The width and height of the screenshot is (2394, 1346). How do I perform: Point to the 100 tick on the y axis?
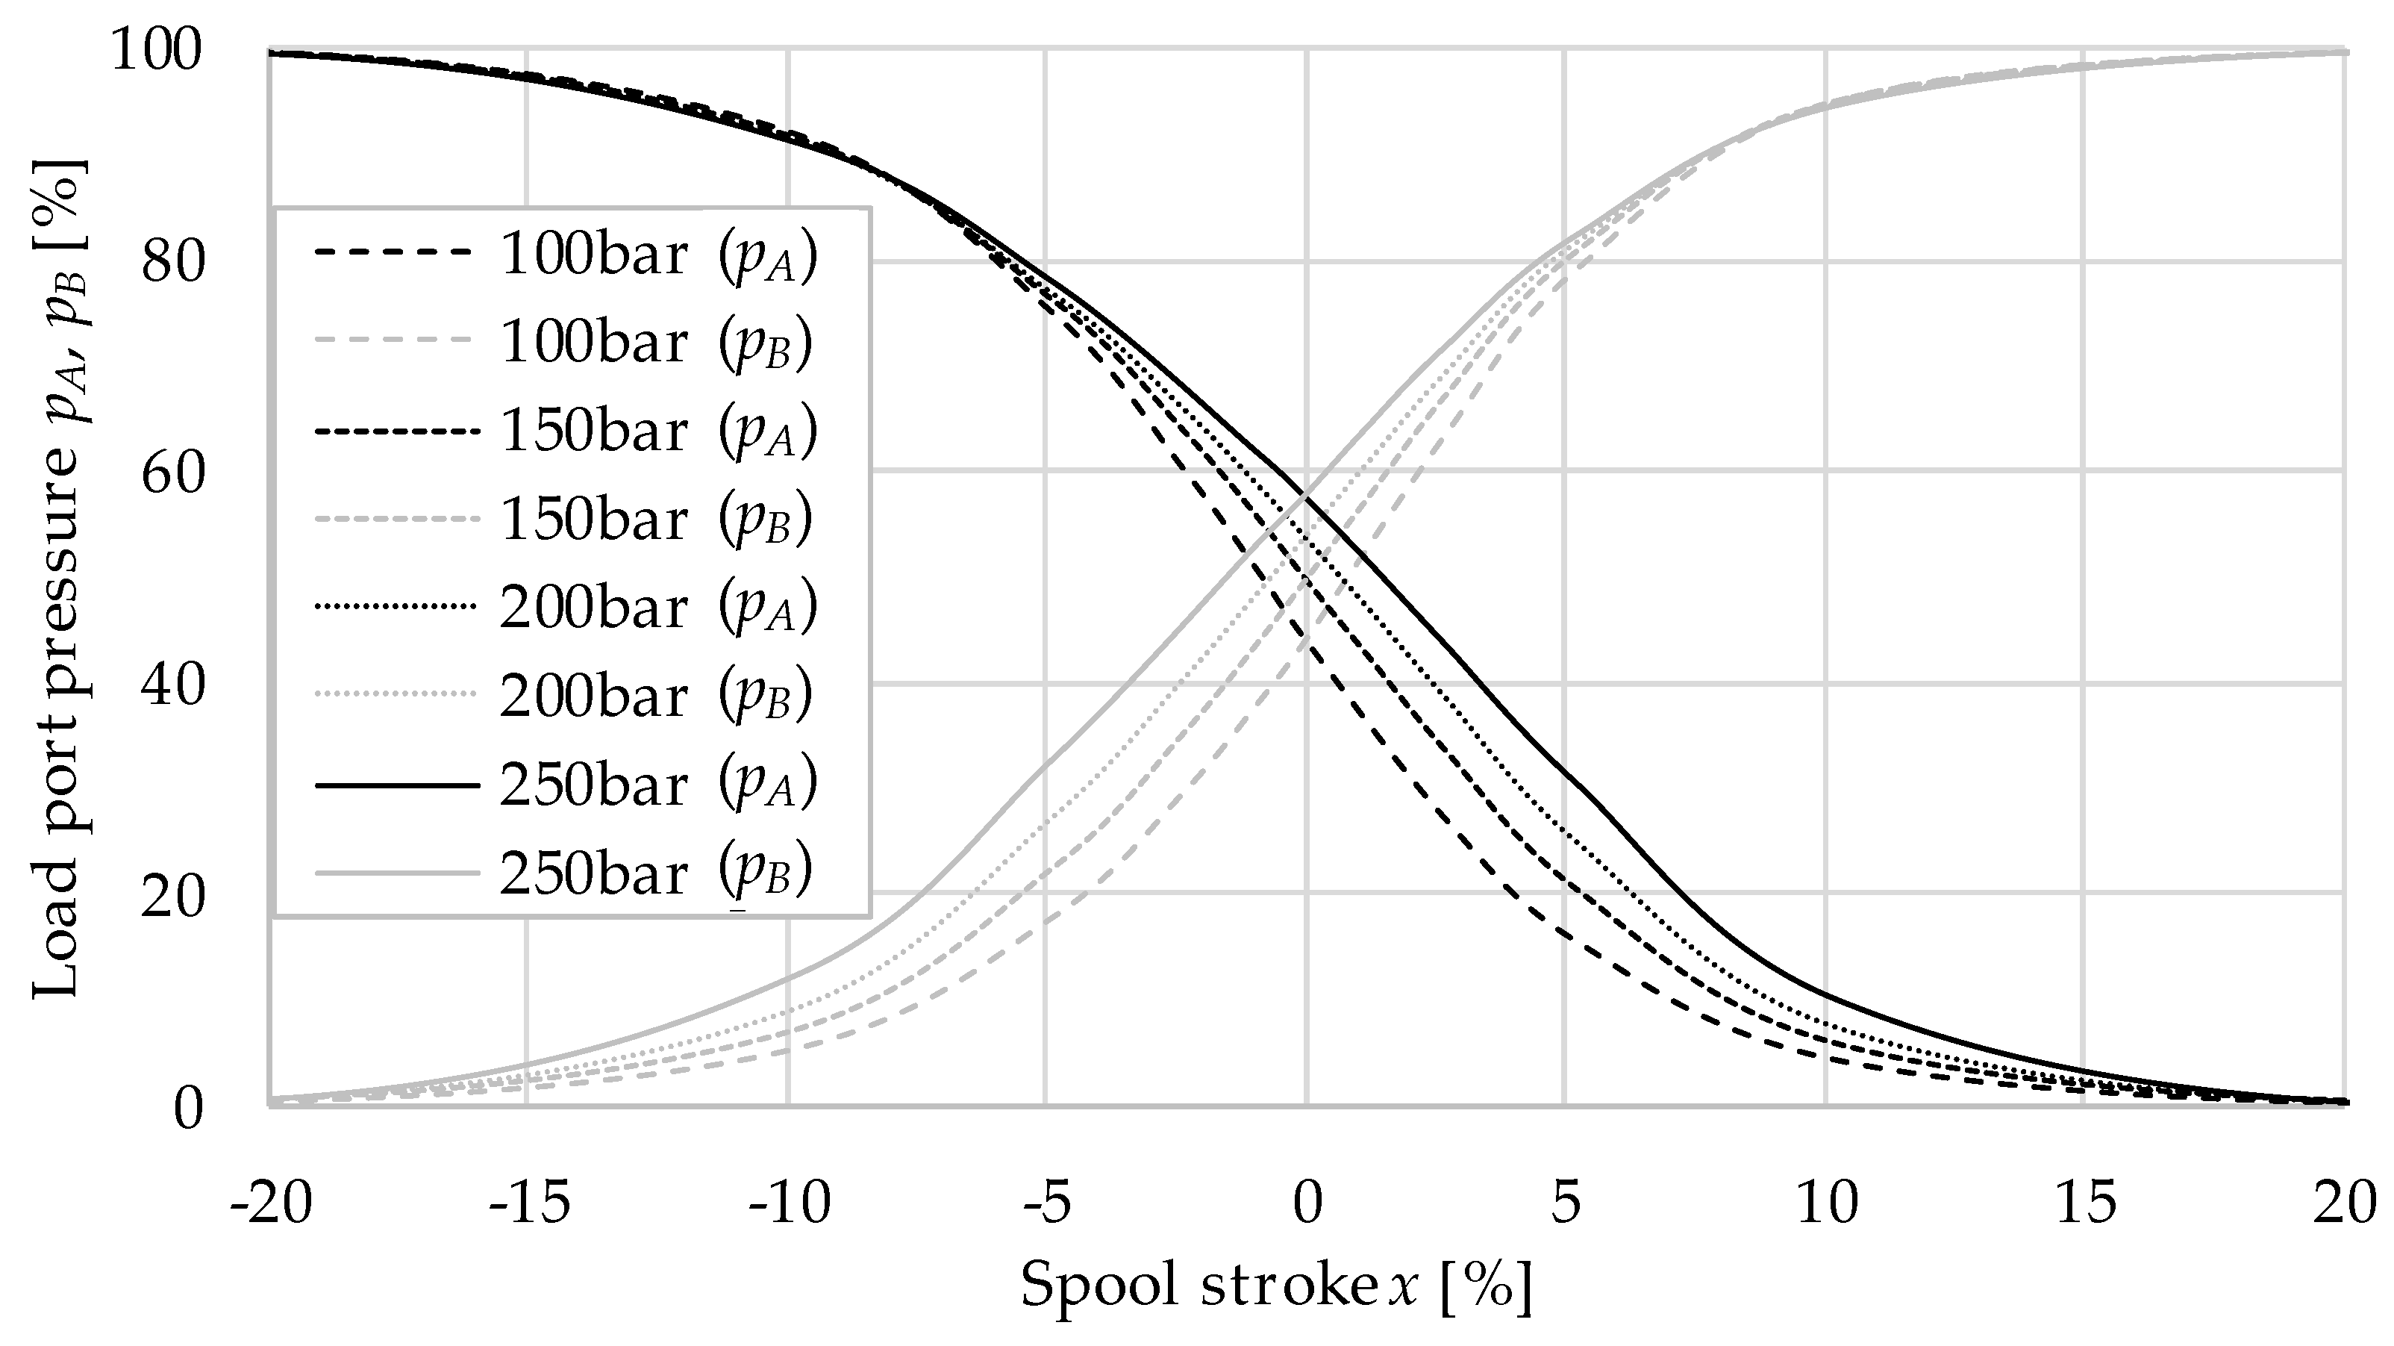point(156,50)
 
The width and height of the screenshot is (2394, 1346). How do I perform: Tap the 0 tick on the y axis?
point(188,1109)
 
